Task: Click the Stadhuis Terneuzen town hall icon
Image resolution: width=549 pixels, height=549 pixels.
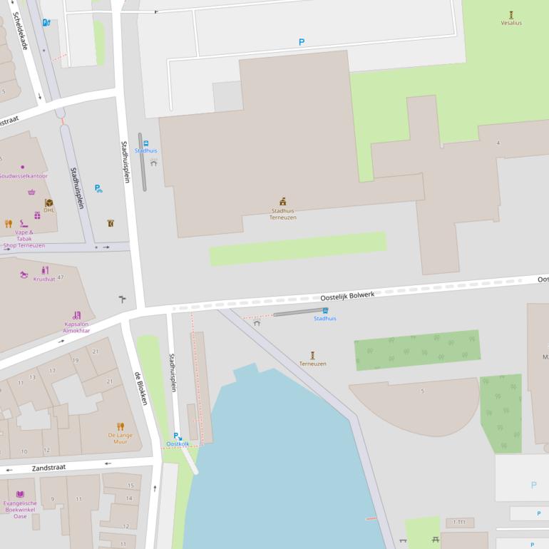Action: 282,202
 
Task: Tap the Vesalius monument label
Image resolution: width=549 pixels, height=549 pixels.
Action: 510,23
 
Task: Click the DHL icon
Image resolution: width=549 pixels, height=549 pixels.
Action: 48,202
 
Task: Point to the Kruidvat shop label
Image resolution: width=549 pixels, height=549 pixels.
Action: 44,279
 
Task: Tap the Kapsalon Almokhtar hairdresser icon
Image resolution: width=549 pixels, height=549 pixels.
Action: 76,315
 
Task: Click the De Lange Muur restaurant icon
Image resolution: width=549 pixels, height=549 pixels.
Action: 120,426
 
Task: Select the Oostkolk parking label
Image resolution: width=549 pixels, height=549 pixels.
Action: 178,443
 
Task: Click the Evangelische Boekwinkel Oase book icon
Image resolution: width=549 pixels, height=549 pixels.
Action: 20,494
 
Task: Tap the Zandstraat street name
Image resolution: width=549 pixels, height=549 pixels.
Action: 49,467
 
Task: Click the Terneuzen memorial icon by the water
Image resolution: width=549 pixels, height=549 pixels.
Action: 312,355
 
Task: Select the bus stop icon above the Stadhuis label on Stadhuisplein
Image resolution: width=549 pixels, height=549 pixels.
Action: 146,143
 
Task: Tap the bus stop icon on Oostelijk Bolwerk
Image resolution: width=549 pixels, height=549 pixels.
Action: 325,310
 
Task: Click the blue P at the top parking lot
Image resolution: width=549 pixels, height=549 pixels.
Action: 301,43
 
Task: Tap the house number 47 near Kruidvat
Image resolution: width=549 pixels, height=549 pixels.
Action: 61,277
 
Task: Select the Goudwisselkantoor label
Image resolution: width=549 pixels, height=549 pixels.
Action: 23,175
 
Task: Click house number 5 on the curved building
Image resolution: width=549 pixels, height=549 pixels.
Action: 422,391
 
